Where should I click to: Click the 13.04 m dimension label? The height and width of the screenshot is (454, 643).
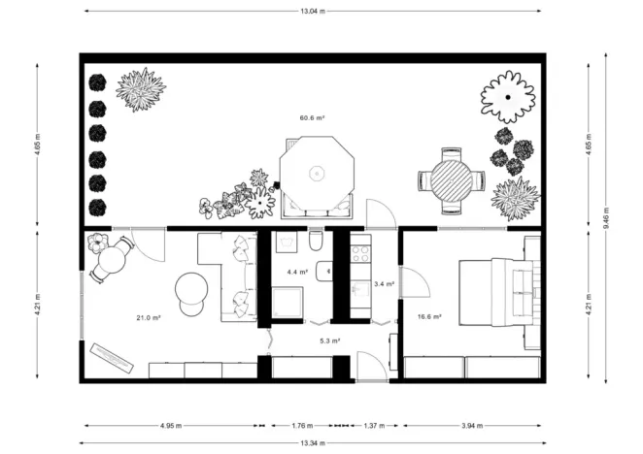(x=313, y=10)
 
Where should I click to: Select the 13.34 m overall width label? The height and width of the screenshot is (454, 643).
(x=313, y=443)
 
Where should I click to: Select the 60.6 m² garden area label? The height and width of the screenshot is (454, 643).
(x=312, y=117)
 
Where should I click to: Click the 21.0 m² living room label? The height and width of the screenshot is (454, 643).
(x=149, y=317)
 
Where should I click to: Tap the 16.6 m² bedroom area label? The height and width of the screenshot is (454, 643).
(x=430, y=316)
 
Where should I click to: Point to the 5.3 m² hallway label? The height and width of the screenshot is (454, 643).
(x=329, y=340)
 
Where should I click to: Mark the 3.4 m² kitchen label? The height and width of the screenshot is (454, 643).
(x=384, y=284)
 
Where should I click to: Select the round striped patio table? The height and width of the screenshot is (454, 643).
(x=450, y=179)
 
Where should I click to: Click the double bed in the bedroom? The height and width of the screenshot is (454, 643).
(x=509, y=289)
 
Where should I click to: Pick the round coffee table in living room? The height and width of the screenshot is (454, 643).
(x=190, y=288)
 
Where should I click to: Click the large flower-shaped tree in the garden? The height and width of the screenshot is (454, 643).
(x=508, y=95)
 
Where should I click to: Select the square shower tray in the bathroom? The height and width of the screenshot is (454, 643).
(x=288, y=304)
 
